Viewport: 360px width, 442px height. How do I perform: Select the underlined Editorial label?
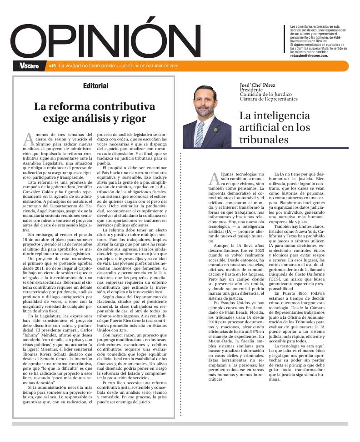95,86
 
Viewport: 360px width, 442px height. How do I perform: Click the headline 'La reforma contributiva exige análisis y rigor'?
95,112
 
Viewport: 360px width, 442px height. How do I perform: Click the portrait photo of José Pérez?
207,116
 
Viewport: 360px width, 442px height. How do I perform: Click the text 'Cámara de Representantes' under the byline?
269,99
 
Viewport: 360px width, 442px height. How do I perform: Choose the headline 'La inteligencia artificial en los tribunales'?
275,127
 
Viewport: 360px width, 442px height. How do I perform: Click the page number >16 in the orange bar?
52,66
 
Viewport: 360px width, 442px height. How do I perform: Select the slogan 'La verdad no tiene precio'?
86,66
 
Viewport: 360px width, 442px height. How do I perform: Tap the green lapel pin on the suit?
215,130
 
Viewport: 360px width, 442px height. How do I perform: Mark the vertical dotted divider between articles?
180,282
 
